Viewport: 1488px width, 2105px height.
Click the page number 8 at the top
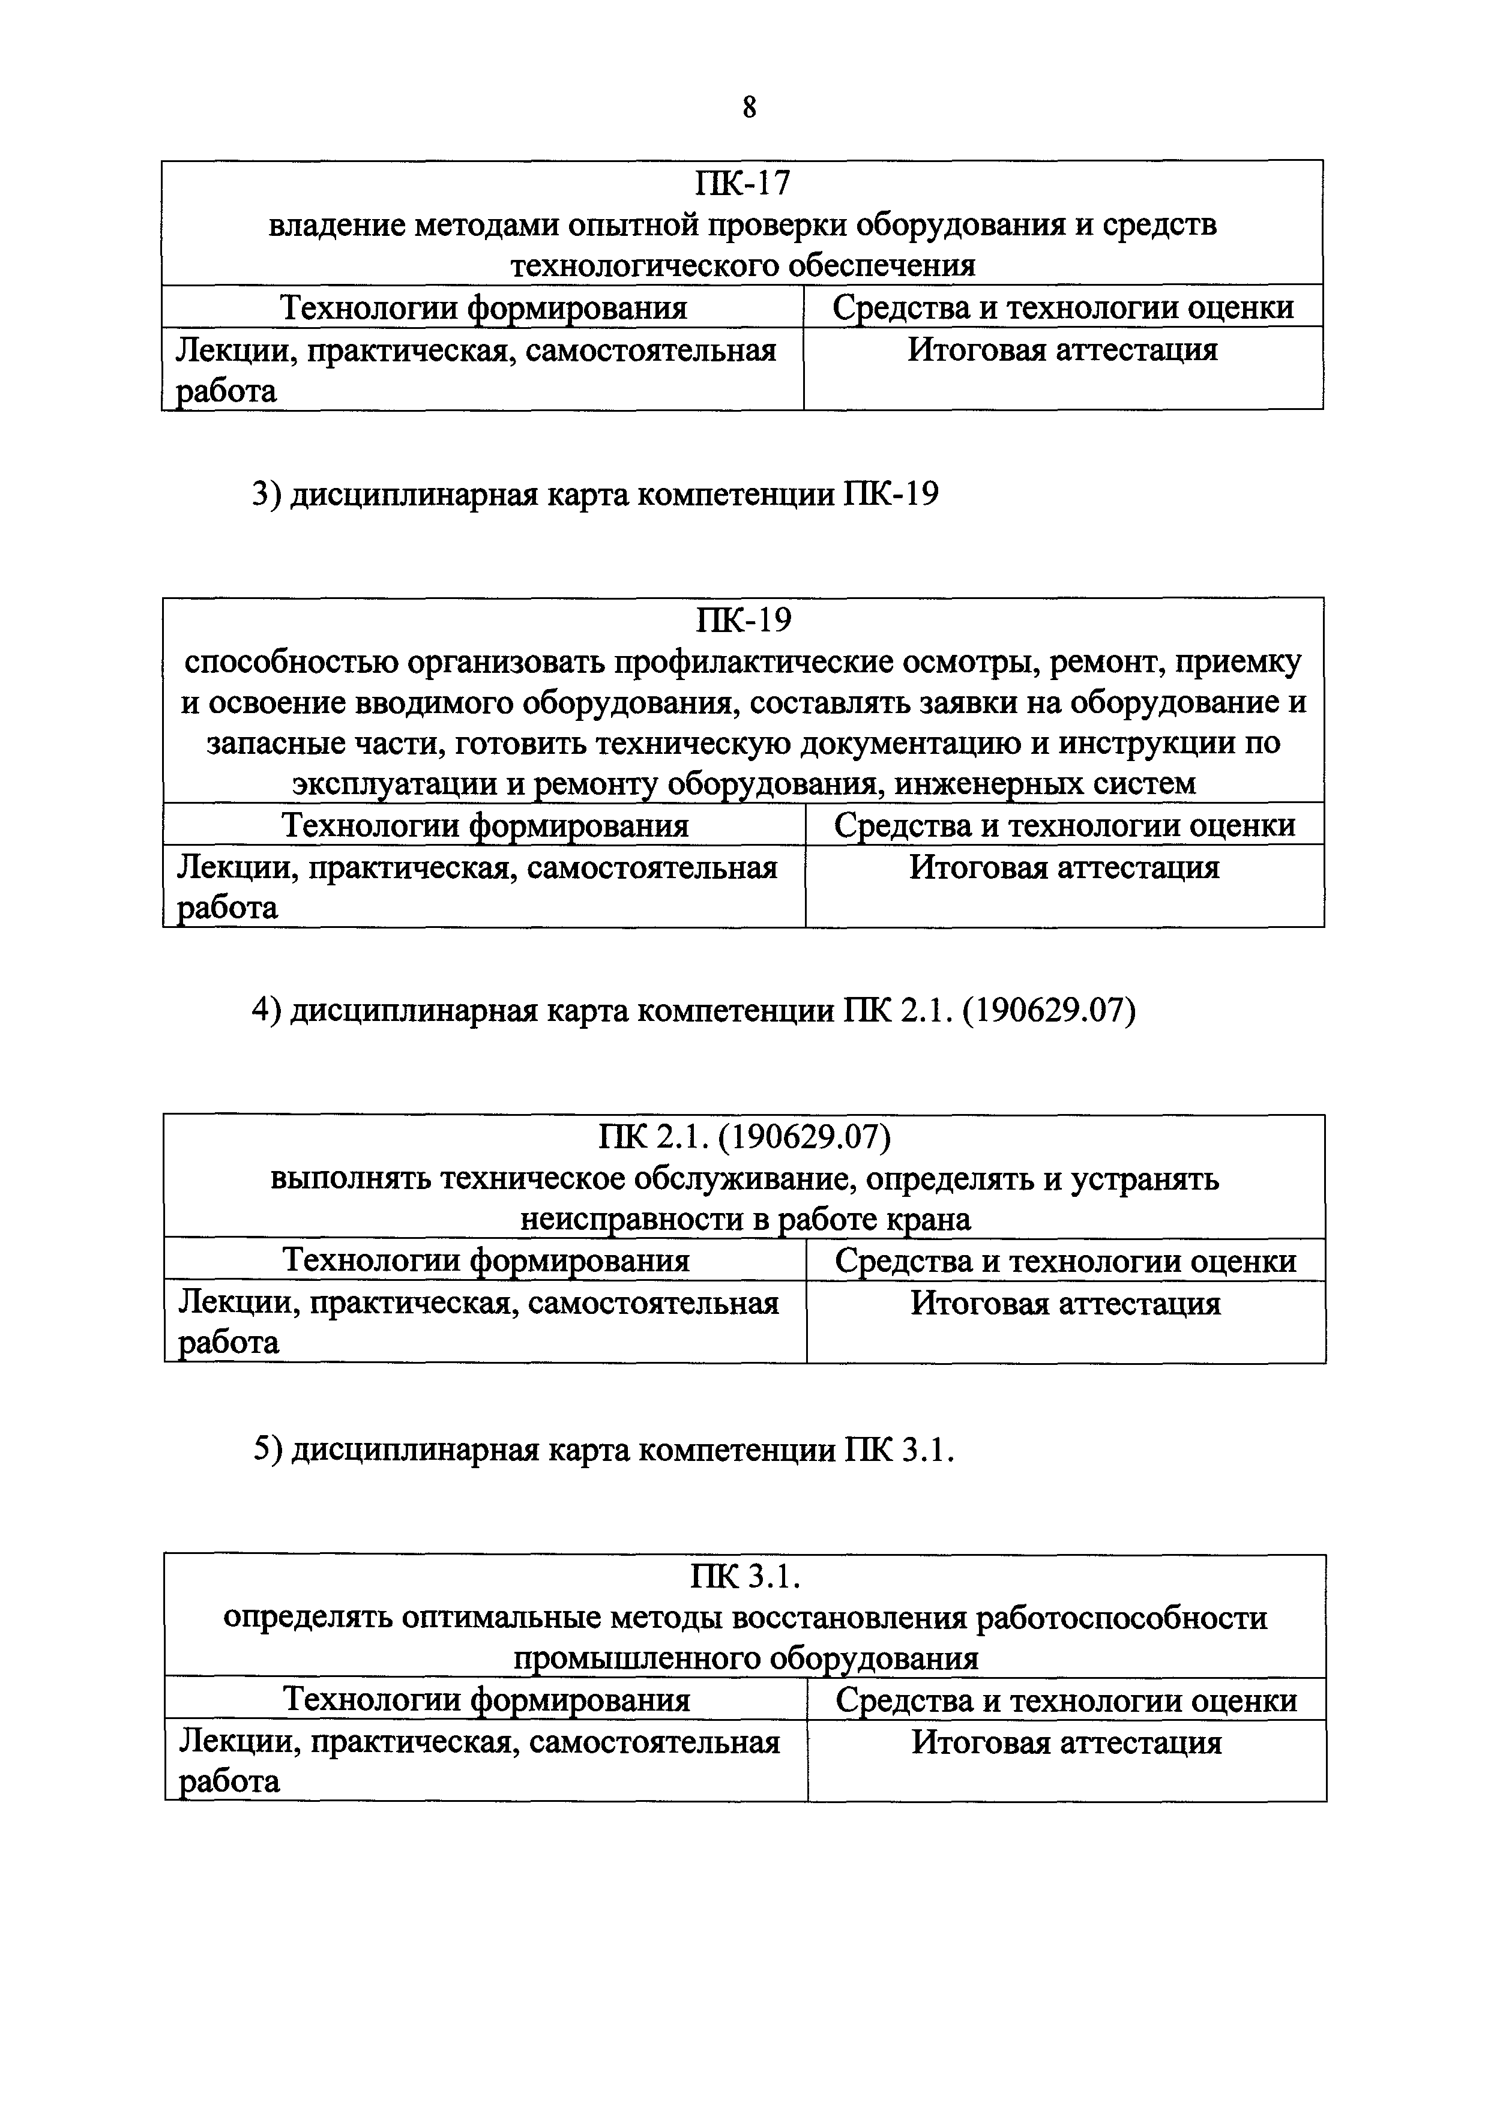click(x=749, y=108)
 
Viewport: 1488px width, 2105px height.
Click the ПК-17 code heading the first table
click(x=742, y=184)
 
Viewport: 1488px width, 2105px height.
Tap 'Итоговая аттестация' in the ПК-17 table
click(x=1062, y=350)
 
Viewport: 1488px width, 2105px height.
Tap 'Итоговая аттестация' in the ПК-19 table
click(x=1064, y=867)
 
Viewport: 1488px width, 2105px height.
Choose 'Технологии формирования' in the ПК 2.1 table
click(x=486, y=1260)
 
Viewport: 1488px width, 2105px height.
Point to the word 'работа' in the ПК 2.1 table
click(x=228, y=1343)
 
